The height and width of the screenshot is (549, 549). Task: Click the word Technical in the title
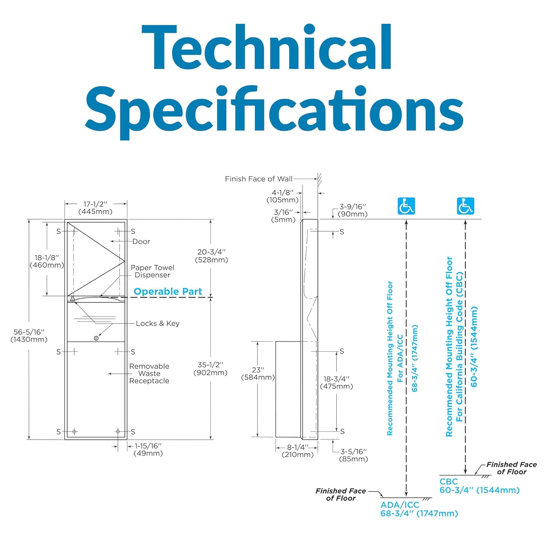(266, 48)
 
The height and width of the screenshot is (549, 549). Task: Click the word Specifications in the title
(274, 110)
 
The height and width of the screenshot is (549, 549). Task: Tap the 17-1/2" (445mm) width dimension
(95, 208)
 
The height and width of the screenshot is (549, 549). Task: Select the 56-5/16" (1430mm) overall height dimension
(29, 336)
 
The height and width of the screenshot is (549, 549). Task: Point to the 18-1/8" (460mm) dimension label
(46, 261)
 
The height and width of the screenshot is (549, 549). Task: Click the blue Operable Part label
(168, 292)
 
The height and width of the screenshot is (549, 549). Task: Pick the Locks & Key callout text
(157, 324)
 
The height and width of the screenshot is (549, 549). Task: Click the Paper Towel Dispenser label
(152, 271)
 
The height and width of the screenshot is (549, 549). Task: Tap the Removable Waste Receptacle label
(149, 373)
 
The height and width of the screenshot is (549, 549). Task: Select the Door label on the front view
(141, 242)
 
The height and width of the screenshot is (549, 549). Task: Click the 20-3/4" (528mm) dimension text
(212, 256)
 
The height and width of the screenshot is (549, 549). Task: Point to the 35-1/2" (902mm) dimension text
(210, 369)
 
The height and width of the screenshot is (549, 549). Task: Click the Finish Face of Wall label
(258, 179)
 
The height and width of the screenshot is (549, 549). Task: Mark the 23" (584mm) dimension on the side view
(258, 374)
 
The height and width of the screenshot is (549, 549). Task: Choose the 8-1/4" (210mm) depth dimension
(297, 451)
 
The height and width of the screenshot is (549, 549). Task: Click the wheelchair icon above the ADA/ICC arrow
(406, 206)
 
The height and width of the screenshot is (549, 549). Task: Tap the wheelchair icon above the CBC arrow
(465, 206)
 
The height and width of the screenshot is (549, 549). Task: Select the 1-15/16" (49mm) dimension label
(148, 449)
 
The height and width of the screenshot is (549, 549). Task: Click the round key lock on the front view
(96, 338)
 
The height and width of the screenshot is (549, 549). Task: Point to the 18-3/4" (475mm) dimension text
(336, 382)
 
